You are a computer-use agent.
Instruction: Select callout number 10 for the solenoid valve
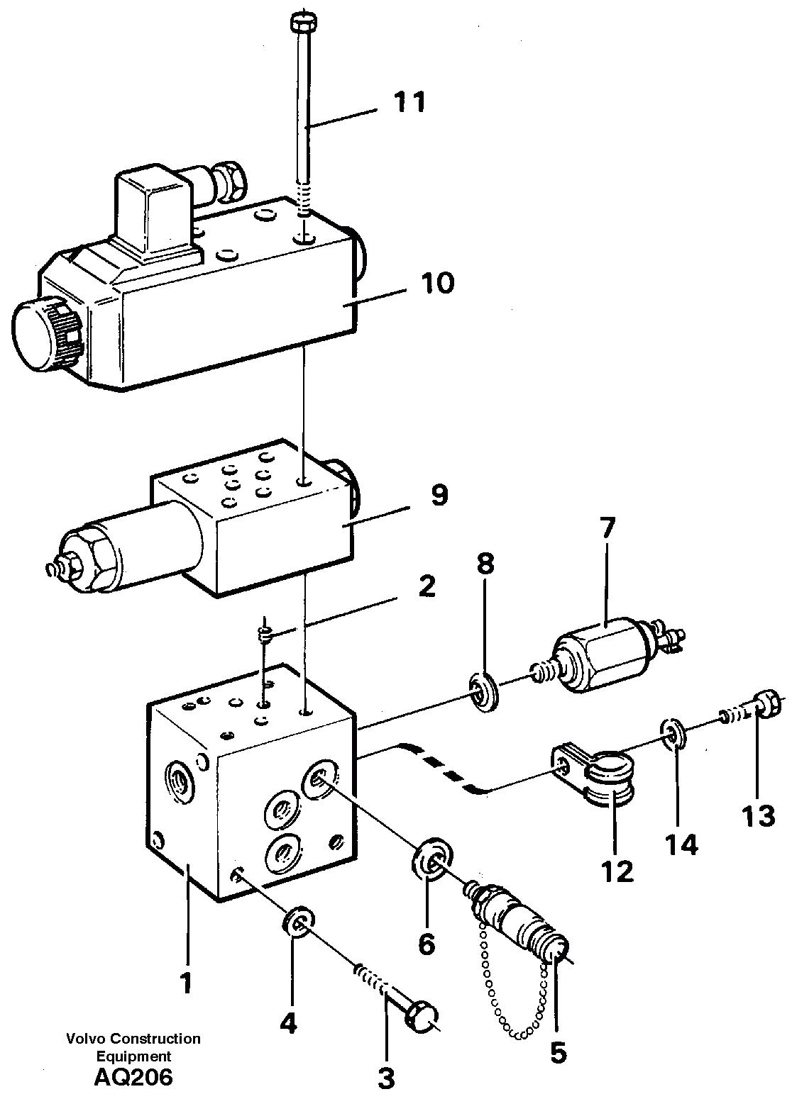(436, 284)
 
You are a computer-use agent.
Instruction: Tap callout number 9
(440, 496)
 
